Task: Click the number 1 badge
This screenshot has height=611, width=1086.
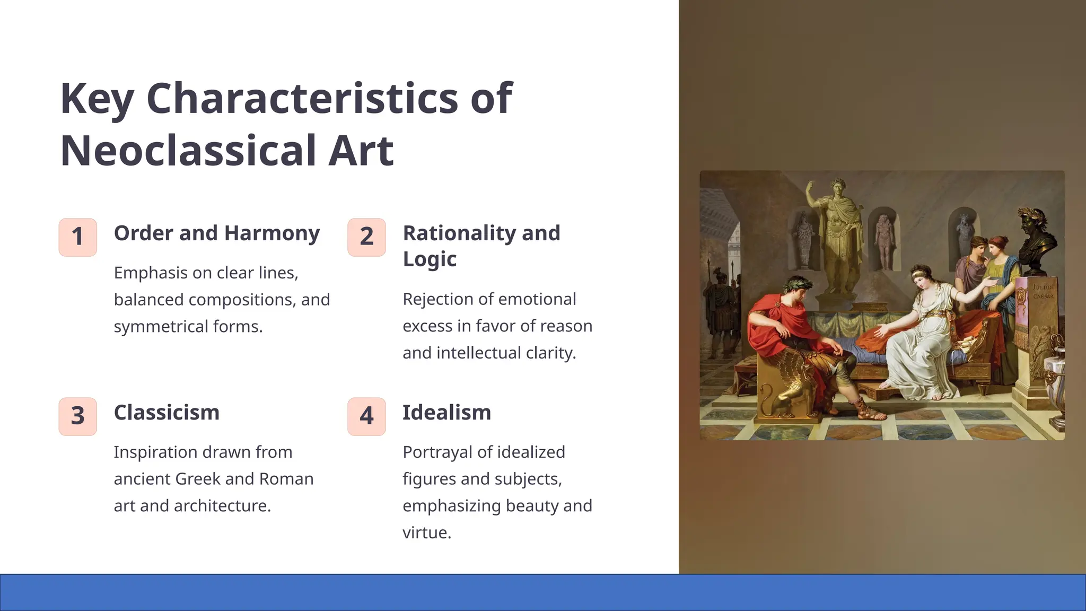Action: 77,237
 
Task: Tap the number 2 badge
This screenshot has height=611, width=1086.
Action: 366,237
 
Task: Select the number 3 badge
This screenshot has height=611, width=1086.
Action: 77,416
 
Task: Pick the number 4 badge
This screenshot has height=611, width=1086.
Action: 366,416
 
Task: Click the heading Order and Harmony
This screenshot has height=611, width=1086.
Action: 216,233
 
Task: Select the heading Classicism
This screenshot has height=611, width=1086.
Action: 167,413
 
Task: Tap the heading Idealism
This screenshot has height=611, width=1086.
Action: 446,413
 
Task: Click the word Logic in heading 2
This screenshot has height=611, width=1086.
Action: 430,259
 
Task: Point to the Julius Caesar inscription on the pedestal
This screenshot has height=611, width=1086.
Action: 1043,292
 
